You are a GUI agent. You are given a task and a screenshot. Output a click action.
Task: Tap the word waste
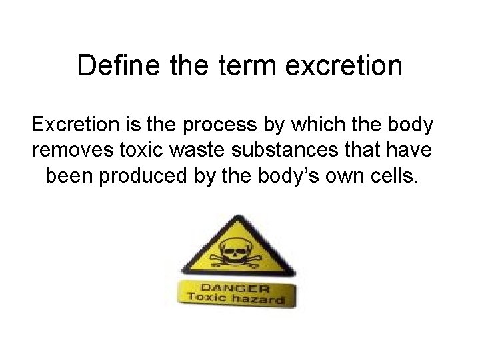coord(203,151)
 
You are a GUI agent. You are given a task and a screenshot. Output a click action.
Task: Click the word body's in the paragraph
coord(292,178)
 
